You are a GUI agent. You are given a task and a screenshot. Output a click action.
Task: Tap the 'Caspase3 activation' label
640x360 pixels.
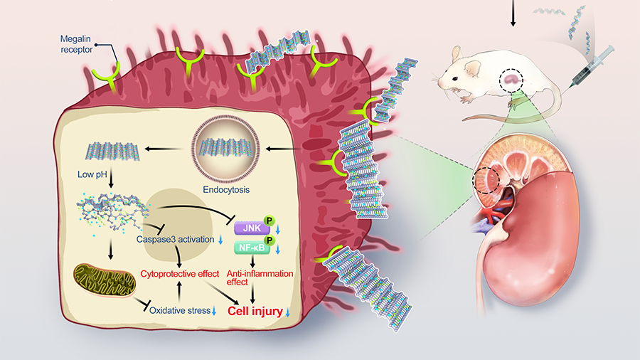pos(175,240)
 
